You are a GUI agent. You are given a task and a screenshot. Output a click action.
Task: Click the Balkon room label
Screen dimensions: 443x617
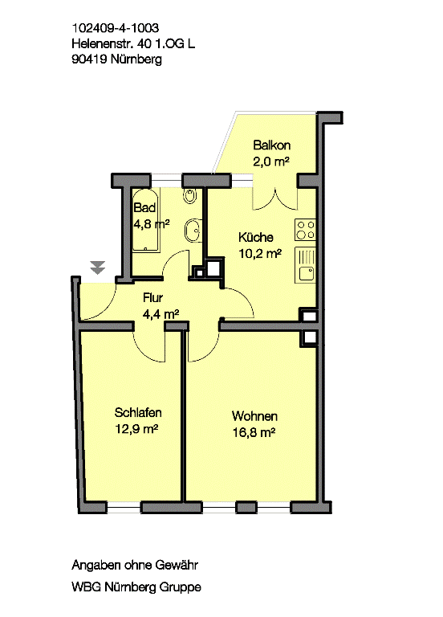pos(271,145)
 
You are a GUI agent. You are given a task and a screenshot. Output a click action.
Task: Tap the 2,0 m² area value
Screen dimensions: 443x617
pos(271,161)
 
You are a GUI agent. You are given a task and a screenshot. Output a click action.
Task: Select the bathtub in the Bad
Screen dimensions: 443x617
pos(146,220)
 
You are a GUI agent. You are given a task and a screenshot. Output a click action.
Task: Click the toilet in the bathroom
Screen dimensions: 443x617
pos(190,195)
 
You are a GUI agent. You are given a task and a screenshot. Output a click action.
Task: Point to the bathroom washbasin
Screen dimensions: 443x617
pos(193,231)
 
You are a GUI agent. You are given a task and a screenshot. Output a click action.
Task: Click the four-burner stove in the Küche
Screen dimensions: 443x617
pos(305,231)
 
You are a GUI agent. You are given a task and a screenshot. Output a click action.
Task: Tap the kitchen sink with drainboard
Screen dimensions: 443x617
pos(305,265)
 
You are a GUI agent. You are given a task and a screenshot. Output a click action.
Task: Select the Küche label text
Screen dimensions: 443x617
pos(255,237)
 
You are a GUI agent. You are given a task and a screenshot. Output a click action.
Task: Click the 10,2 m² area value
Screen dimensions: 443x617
pos(260,253)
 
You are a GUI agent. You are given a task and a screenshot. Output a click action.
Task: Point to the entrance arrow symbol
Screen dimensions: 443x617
pos(97,267)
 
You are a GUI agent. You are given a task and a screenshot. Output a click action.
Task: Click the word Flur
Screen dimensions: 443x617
pos(153,297)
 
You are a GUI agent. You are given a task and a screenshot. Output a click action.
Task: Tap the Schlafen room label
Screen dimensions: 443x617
pos(138,412)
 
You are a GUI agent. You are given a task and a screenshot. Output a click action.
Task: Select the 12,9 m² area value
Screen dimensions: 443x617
pos(136,428)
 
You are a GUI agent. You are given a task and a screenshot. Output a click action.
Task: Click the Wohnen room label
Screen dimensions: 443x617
pos(254,416)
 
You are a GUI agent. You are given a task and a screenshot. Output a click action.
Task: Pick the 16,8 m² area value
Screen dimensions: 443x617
pos(254,432)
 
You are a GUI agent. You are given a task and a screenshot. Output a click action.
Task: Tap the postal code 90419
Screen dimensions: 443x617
pos(89,59)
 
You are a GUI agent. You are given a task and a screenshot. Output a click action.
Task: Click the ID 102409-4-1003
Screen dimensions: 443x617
pos(116,28)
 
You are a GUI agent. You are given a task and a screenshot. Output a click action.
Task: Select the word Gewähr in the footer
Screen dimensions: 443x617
pos(177,565)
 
